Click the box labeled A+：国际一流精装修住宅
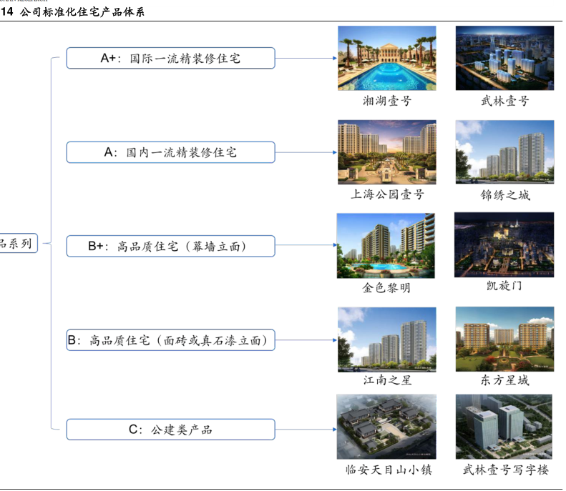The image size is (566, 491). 170,59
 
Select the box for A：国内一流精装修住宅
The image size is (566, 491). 170,152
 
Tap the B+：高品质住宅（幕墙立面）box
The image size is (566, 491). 170,247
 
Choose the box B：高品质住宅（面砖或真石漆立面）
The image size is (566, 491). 170,342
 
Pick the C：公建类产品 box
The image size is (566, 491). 170,430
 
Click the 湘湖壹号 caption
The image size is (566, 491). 386,101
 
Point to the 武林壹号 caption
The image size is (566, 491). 504,101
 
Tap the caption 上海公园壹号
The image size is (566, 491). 386,194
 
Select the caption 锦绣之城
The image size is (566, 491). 504,194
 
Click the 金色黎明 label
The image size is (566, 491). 386,288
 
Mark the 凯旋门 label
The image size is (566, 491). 504,286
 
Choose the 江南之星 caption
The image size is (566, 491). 386,380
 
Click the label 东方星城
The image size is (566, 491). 504,380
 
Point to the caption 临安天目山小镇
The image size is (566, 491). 386,470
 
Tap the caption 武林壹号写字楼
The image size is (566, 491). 504,470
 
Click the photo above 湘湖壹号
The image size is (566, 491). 386,58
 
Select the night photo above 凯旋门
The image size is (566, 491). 504,244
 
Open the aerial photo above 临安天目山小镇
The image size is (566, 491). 386,427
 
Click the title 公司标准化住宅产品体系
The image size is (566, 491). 83,12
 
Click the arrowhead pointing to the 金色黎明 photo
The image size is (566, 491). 333,247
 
